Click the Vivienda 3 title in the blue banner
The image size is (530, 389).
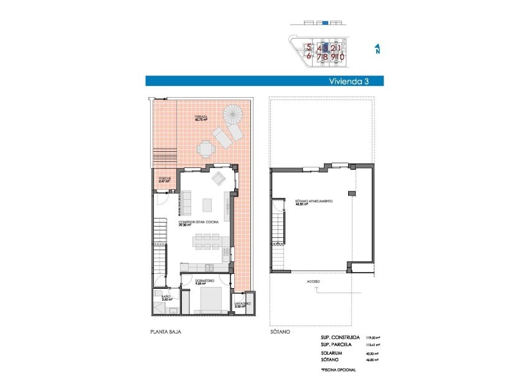pos(353,81)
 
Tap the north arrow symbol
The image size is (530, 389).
pos(377,49)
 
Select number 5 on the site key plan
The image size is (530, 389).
pos(308,47)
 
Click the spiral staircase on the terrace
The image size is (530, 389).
pos(235,115)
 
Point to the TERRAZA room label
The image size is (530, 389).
pos(201,118)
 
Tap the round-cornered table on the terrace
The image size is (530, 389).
pos(206,149)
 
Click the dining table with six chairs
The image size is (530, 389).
pos(206,240)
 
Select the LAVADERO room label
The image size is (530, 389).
pos(242,304)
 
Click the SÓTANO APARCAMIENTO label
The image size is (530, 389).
pos(313,202)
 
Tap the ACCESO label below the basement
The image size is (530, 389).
pos(313,282)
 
